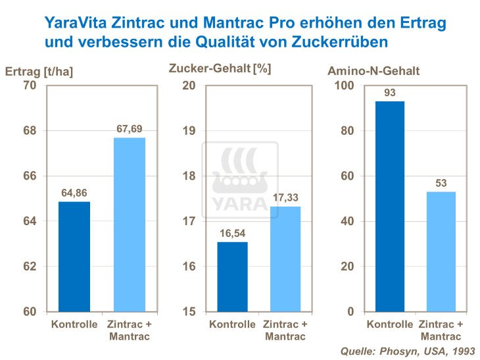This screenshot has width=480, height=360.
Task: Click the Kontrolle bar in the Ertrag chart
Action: [74, 257]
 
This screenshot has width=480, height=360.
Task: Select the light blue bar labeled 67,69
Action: [130, 224]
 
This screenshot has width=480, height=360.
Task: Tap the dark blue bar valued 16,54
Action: [232, 276]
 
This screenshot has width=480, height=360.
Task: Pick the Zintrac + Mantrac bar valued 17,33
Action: [285, 259]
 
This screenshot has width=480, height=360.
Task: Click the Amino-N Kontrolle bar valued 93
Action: [389, 206]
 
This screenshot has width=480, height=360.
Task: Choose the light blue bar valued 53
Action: [441, 251]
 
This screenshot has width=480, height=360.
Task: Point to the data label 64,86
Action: [74, 193]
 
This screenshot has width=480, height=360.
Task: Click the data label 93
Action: [390, 93]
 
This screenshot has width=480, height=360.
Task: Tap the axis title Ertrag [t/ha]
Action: [34, 71]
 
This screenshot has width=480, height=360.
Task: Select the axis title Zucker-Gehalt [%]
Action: [220, 68]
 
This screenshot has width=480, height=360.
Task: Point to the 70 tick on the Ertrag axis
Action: [29, 86]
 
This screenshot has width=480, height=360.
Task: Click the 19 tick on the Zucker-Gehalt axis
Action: [189, 131]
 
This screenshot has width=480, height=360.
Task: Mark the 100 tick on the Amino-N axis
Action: [345, 86]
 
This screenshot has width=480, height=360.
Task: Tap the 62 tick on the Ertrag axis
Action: [29, 267]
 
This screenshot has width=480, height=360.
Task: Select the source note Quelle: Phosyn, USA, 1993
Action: [408, 351]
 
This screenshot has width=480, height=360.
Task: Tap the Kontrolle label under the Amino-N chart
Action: [390, 324]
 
